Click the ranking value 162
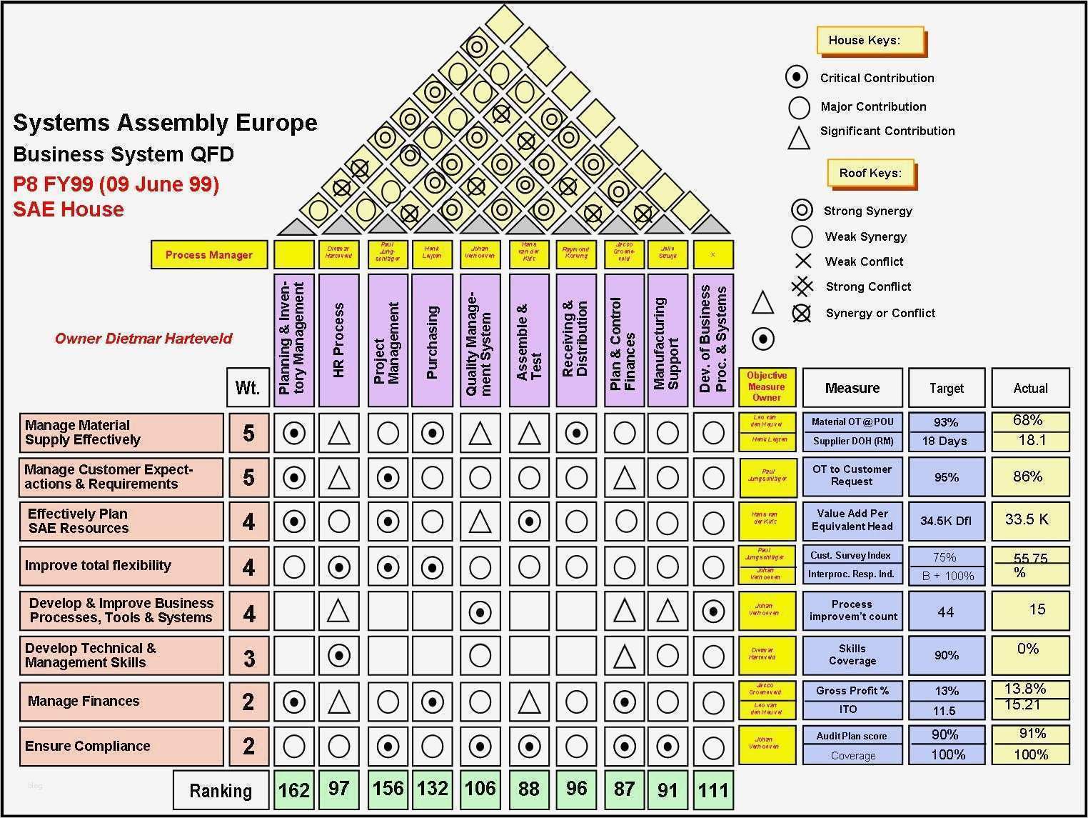tap(294, 789)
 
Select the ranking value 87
tap(625, 789)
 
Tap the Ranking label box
tap(221, 790)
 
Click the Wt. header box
tap(247, 388)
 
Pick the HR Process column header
tap(338, 340)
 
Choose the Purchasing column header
tap(432, 340)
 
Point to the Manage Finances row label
tap(121, 701)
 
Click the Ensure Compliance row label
tap(121, 746)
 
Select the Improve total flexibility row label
tap(121, 566)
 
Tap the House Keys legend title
tap(870, 41)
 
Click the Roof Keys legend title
tap(870, 173)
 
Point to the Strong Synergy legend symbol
tap(802, 210)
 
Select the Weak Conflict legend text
tap(864, 261)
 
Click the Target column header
tap(947, 388)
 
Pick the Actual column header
tap(1030, 388)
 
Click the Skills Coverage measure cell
tap(852, 654)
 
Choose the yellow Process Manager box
tap(208, 255)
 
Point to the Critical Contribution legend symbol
tap(797, 77)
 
